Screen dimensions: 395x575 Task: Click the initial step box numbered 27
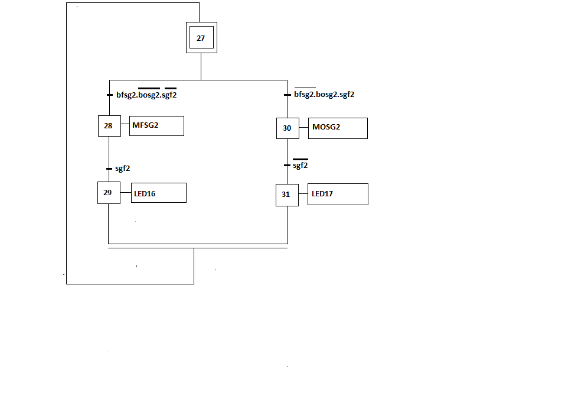[x=201, y=38]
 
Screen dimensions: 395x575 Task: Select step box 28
[x=109, y=125]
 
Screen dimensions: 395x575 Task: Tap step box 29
[x=109, y=193]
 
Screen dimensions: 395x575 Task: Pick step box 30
[x=287, y=128]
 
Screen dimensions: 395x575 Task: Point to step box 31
[x=287, y=195]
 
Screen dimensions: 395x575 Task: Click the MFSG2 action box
[x=156, y=125]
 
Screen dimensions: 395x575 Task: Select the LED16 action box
[x=158, y=193]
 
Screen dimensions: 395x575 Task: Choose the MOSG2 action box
[x=338, y=128]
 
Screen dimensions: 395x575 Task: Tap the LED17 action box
[x=338, y=194]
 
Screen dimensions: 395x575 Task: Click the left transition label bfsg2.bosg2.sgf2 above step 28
[x=146, y=95]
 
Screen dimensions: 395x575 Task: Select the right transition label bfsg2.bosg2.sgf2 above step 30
[x=324, y=95]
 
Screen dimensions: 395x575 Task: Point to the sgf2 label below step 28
[x=122, y=169]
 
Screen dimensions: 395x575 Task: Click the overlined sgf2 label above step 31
[x=300, y=166]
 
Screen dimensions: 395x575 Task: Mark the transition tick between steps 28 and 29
[x=109, y=169]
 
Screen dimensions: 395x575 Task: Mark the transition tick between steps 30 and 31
[x=287, y=165]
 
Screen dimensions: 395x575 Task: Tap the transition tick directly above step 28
[x=109, y=95]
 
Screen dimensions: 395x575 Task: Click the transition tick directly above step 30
[x=287, y=95]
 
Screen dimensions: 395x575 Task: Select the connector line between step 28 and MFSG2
[x=125, y=125]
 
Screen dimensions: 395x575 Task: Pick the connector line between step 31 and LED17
[x=303, y=194]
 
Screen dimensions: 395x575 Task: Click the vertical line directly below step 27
[x=201, y=66]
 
